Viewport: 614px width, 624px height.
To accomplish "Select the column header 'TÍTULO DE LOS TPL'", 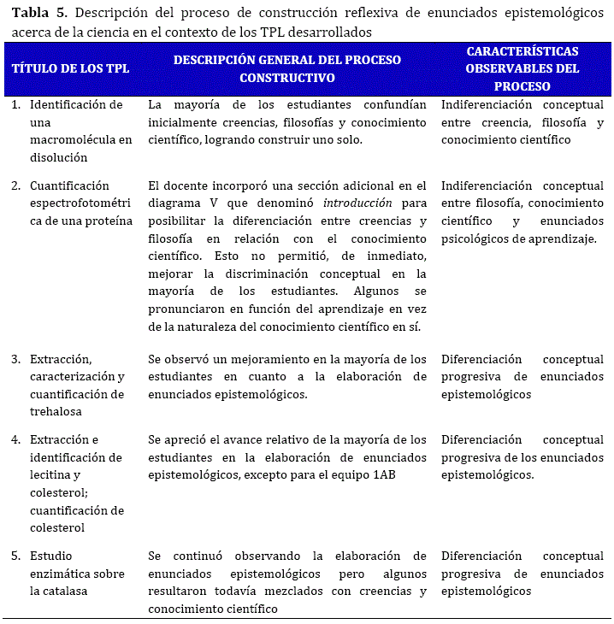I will pos(71,68).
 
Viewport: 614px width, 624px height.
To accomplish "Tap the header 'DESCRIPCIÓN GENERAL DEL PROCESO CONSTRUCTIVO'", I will pos(286,68).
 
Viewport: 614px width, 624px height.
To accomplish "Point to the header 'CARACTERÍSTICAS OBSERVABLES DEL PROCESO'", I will pos(522,68).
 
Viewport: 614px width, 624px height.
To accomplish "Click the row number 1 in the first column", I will pos(16,104).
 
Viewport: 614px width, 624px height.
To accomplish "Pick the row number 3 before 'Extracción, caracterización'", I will pos(16,359).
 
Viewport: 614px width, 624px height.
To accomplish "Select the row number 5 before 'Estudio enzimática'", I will pos(16,556).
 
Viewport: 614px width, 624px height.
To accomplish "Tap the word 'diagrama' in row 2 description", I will pos(173,203).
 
